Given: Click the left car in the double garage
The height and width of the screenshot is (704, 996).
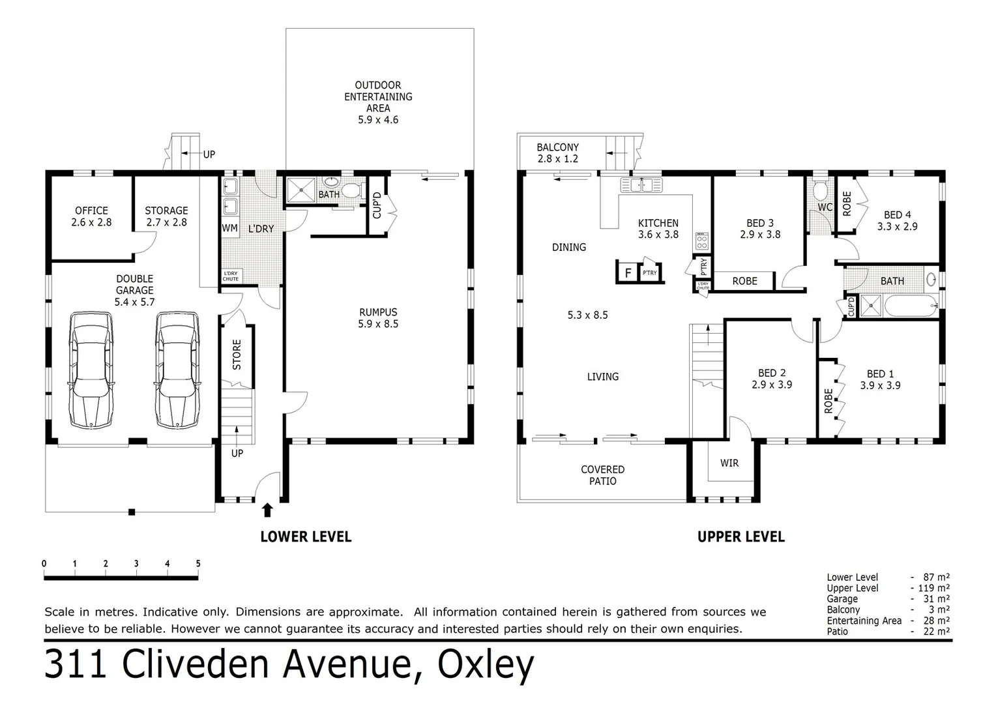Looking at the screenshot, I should point(92,370).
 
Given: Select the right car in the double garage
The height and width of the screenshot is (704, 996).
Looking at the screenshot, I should point(177,370).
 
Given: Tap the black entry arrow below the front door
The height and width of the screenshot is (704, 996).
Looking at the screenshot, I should point(267,509).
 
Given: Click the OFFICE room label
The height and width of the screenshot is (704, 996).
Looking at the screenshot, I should point(91,211).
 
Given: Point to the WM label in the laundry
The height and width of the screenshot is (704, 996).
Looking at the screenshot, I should point(229,228).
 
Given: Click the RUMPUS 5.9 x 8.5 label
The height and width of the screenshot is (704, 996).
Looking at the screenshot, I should point(378,318).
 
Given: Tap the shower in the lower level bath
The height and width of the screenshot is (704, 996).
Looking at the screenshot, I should point(300,190).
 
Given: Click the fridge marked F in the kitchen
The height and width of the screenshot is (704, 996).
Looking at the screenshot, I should point(628,272).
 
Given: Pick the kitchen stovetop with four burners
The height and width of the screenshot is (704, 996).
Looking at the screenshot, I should point(702,241).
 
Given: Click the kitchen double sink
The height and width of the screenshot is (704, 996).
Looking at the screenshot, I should point(641,184).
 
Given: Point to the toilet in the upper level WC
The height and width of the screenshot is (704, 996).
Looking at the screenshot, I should point(821,190).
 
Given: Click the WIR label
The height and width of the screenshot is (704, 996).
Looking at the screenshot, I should point(729,463).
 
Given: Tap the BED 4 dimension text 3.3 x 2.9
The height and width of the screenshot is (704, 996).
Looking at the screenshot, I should point(898,227).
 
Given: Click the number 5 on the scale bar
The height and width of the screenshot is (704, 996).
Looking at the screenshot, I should point(198,564).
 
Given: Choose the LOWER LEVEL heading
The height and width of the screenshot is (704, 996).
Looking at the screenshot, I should point(305,536).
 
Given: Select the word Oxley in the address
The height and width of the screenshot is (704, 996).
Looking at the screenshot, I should point(486,665).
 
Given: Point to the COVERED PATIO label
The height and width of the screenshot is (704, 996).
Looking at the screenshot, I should point(602,475).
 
